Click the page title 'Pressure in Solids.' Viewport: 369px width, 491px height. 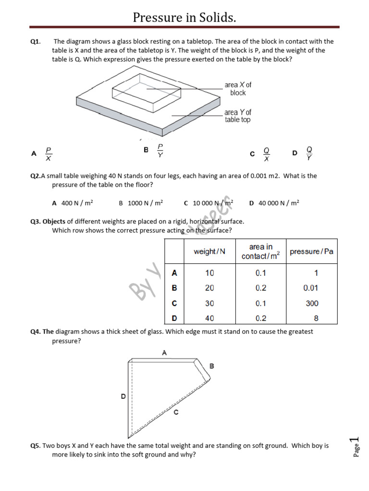pyautogui.click(x=184, y=18)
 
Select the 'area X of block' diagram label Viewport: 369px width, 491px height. pyautogui.click(x=238, y=89)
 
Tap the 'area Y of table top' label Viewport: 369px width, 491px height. pyautogui.click(x=238, y=116)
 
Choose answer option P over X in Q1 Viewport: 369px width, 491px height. pyautogui.click(x=49, y=153)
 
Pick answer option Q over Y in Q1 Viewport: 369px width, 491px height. pyautogui.click(x=309, y=153)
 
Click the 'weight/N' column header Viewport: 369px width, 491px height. pyautogui.click(x=209, y=252)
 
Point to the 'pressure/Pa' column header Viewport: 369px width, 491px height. pyautogui.click(x=311, y=252)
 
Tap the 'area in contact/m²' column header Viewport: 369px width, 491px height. pyautogui.click(x=260, y=251)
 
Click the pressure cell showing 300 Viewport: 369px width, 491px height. pyautogui.click(x=311, y=303)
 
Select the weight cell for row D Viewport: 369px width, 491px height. pyautogui.click(x=209, y=318)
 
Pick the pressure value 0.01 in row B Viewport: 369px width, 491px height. pyautogui.click(x=311, y=288)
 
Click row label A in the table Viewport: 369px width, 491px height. pyautogui.click(x=174, y=273)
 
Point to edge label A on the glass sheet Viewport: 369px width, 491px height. pyautogui.click(x=164, y=352)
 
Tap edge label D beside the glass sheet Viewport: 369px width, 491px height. pyautogui.click(x=123, y=397)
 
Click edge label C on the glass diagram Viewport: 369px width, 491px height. pyautogui.click(x=176, y=412)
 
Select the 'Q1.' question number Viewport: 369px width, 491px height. pyautogui.click(x=36, y=42)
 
